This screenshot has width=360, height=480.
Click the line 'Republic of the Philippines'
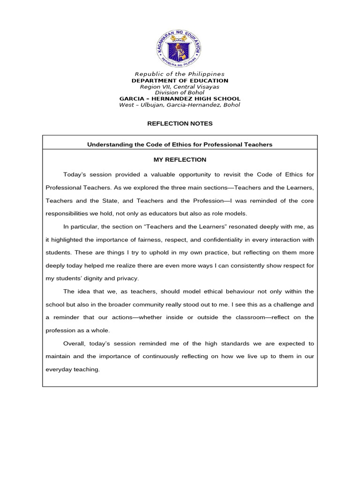pos(180,74)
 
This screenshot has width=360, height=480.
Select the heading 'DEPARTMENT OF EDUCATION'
pos(180,81)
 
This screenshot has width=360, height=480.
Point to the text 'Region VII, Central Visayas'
pos(180,87)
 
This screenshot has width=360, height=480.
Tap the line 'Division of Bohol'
pos(180,93)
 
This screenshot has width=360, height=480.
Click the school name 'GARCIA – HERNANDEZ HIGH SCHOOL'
pos(180,99)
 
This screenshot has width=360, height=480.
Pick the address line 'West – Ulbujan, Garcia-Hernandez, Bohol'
pos(180,105)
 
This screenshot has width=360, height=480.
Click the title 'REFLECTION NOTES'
pos(180,124)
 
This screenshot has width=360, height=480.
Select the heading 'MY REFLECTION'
pos(180,160)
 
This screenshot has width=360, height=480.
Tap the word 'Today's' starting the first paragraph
pos(75,175)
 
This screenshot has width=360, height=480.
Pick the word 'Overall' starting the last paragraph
pos(74,344)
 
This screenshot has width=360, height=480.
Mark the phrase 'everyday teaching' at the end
pos(72,369)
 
